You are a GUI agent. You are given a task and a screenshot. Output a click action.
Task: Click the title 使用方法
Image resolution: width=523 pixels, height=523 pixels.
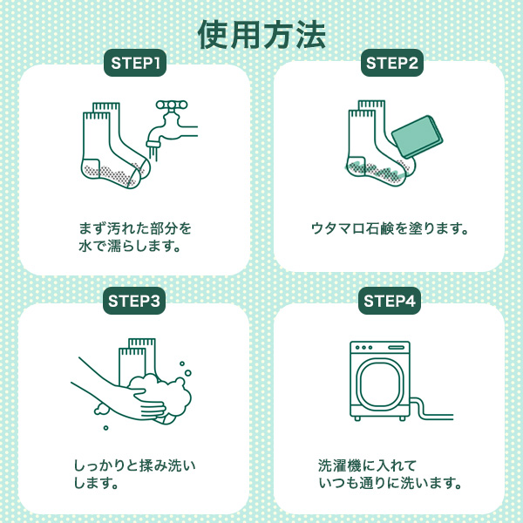point(261,35)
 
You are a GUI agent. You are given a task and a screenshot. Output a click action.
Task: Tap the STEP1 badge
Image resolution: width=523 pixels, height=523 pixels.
point(135,63)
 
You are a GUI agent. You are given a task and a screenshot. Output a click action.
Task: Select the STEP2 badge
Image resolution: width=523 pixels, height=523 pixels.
point(392,63)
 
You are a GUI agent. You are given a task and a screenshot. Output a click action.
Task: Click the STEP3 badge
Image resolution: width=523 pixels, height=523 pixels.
point(134,301)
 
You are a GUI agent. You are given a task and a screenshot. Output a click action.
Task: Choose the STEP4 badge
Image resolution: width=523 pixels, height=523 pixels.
point(390,301)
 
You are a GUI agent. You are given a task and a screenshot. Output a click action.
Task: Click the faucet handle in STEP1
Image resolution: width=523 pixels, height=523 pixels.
point(172,105)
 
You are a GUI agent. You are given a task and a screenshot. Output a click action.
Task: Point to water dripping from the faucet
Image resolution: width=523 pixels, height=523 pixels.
point(153,153)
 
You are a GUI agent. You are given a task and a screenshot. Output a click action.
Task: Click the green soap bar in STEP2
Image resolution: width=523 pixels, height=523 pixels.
point(417,137)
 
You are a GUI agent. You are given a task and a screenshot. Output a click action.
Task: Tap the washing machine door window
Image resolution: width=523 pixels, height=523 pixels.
point(379,384)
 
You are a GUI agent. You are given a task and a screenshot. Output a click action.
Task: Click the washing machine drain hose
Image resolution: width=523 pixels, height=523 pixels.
point(431,410)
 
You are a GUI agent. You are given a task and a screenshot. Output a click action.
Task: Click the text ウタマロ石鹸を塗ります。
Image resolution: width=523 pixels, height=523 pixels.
point(390,228)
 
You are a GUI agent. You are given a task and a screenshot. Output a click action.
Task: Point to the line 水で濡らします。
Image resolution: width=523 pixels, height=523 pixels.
point(130,246)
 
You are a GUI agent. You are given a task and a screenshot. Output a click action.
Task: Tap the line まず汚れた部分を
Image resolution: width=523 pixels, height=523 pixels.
point(135,228)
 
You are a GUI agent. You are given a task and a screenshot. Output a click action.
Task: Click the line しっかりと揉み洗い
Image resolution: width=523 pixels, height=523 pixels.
point(134,465)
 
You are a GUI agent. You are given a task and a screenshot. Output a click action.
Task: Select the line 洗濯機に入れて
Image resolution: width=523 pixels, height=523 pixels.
point(367,465)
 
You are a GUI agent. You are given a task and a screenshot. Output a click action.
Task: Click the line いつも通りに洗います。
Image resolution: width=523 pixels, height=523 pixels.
point(390,483)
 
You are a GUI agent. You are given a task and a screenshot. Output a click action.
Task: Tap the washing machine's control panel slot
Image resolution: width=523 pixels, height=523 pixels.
point(397,348)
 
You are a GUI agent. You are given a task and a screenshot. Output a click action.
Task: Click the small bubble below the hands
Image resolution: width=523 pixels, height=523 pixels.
point(105,428)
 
